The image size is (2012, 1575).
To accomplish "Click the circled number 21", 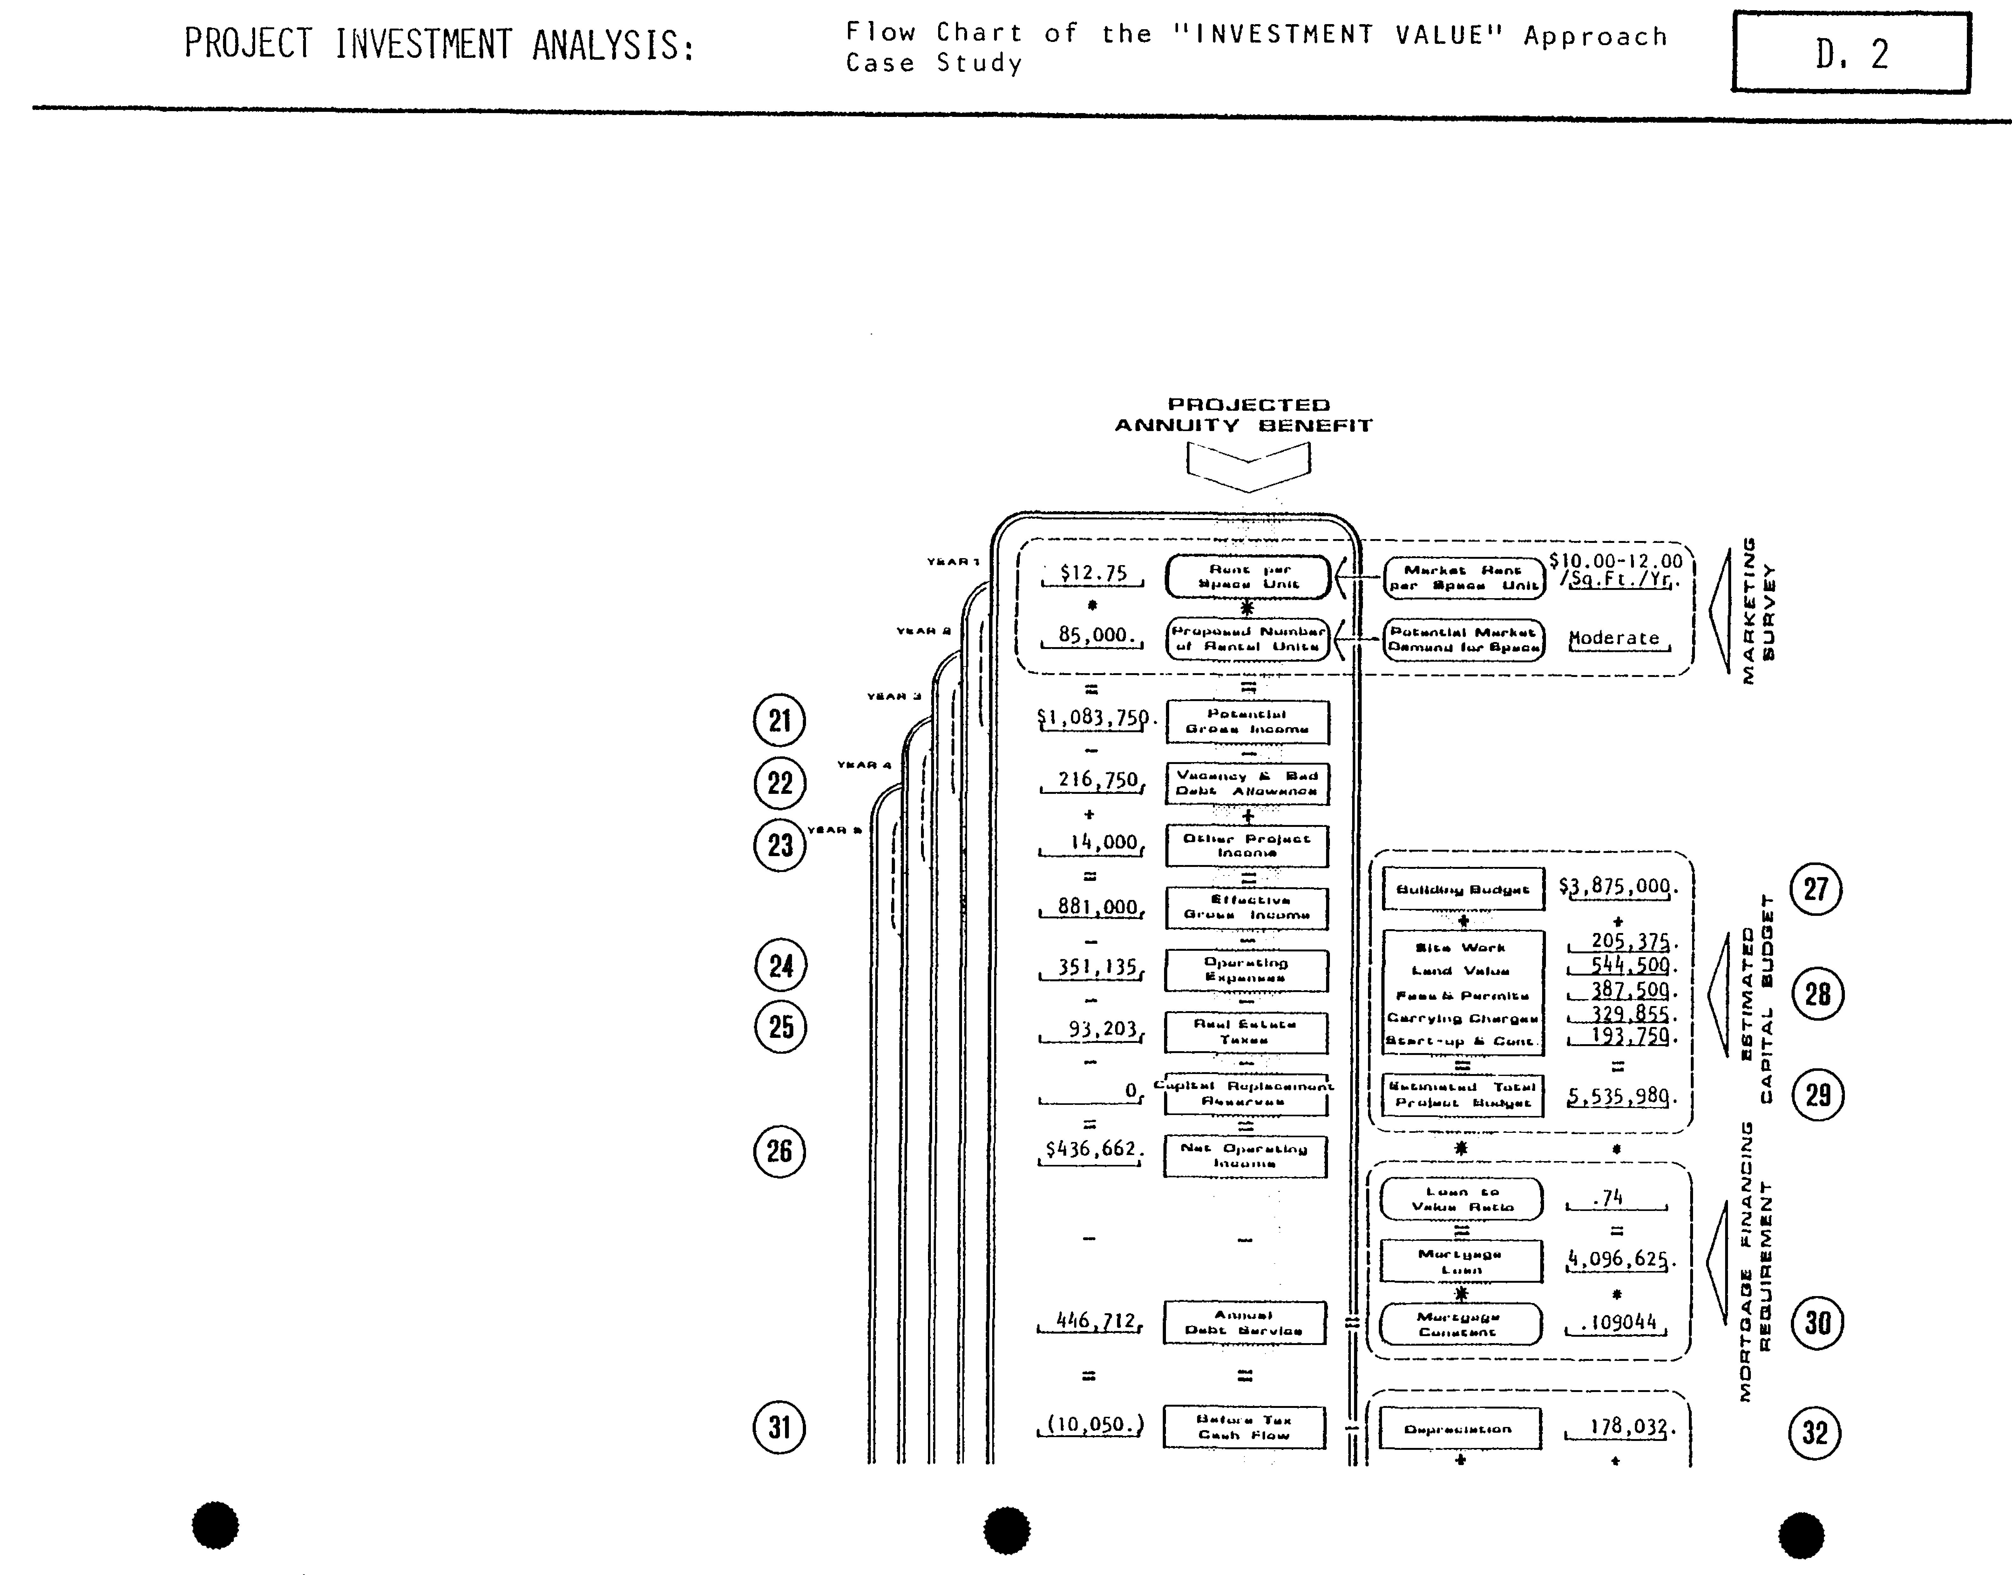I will [779, 720].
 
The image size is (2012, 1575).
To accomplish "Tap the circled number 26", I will [779, 1151].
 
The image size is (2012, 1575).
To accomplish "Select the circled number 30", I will [1816, 1323].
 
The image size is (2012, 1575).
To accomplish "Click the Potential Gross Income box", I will [1247, 721].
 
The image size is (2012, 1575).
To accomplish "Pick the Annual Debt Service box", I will [1244, 1322].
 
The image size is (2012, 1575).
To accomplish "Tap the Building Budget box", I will [1462, 889].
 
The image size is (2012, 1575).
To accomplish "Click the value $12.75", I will [1094, 573].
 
